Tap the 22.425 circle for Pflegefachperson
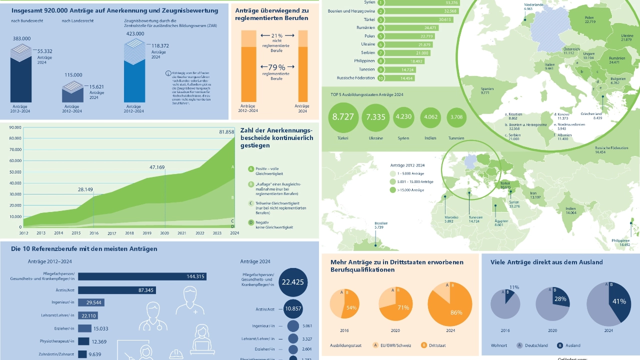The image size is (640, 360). click(x=293, y=282)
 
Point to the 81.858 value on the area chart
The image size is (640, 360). click(x=226, y=132)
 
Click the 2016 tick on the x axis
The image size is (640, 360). click(x=94, y=233)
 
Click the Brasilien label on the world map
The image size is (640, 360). click(x=381, y=225)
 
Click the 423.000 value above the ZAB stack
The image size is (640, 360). click(x=134, y=33)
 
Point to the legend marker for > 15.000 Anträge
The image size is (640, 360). click(x=392, y=190)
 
